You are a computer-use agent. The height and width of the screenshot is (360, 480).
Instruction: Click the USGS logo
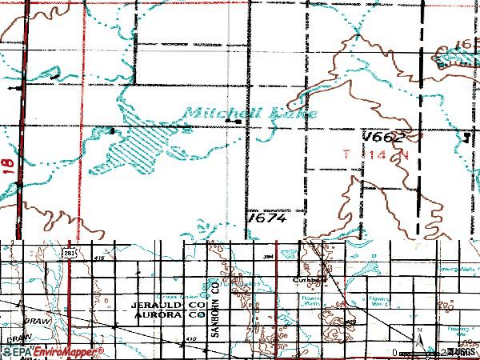tap(459, 351)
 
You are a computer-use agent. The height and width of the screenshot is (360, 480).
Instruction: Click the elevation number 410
tap(190, 340)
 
